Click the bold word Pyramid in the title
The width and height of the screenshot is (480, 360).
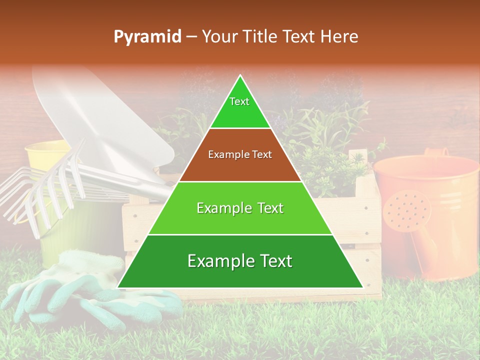(147, 37)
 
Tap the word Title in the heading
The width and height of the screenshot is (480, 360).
(259, 36)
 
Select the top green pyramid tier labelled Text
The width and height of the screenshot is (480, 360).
(240, 107)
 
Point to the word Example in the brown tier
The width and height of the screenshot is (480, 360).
(224, 154)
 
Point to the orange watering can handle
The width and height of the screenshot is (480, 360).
(435, 152)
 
